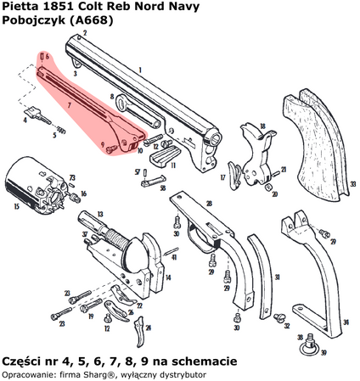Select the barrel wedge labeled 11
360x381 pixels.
click(167, 156)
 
